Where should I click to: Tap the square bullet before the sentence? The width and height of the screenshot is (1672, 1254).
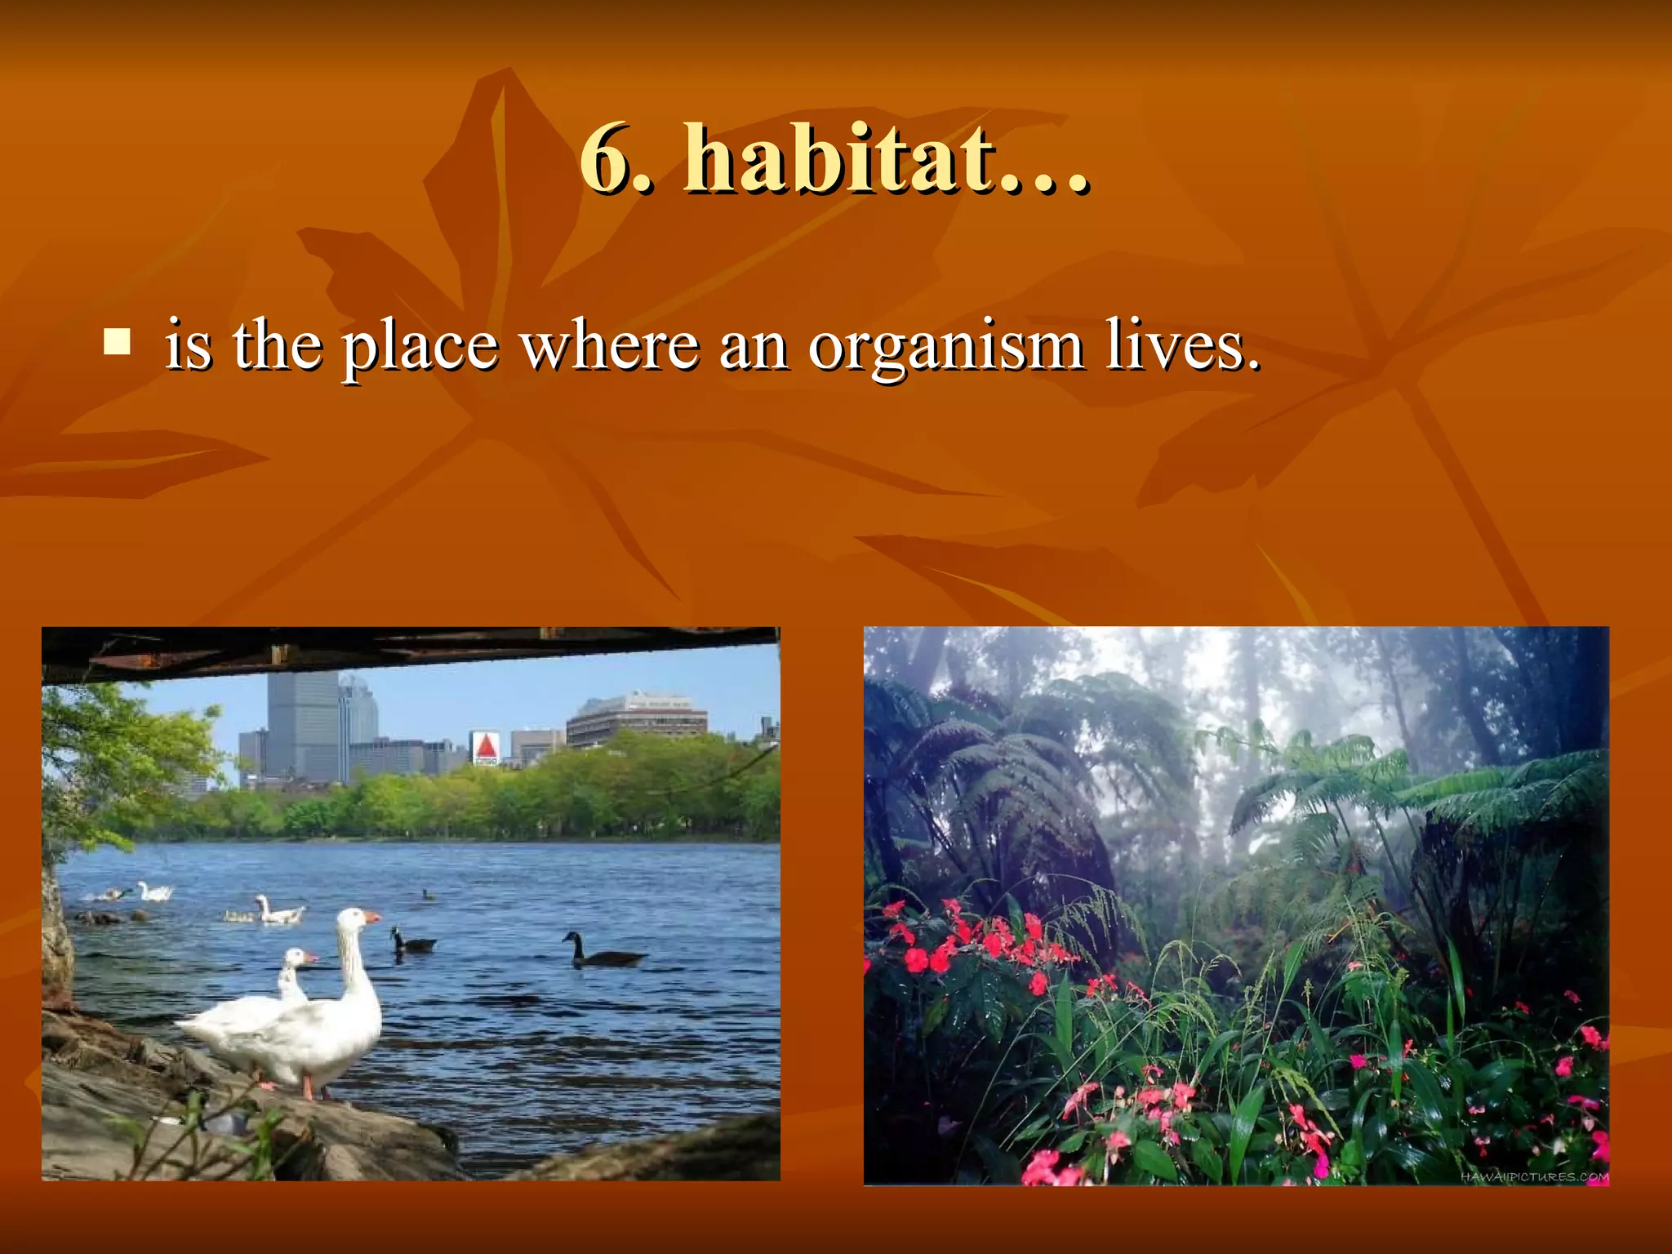[x=118, y=342]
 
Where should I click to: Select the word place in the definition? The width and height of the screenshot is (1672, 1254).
[x=420, y=347]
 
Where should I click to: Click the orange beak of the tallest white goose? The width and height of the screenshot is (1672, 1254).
[x=371, y=918]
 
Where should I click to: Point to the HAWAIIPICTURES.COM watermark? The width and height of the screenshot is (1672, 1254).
[x=1534, y=1176]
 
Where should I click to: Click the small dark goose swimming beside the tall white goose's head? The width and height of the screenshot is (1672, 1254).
[x=413, y=942]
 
